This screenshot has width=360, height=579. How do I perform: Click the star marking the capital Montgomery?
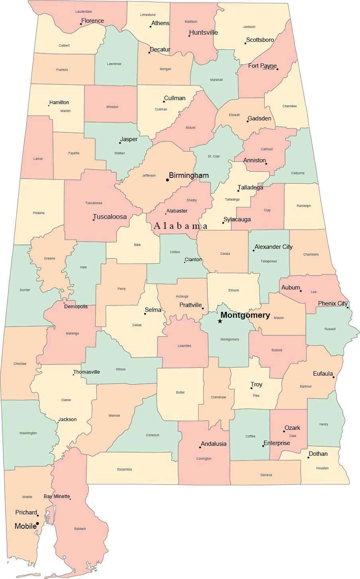[220, 321]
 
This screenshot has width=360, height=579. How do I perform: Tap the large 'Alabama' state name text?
[181, 226]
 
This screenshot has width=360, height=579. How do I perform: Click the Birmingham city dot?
[167, 180]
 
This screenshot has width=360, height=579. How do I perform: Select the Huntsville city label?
[203, 32]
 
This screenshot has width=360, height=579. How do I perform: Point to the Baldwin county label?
[80, 529]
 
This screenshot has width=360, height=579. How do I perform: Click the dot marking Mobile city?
[37, 523]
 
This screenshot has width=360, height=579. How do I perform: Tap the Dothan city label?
[318, 454]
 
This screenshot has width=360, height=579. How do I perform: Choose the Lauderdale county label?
[84, 12]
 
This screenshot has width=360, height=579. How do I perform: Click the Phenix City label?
[332, 303]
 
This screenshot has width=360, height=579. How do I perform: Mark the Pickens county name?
[39, 213]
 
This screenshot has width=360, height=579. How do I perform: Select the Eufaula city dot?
[334, 377]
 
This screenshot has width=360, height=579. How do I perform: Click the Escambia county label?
[124, 469]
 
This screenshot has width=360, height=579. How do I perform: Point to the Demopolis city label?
[76, 307]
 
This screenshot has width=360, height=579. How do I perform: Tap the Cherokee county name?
[289, 106]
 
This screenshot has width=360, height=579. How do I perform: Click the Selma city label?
[153, 310]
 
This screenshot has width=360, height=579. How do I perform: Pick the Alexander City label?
[273, 247]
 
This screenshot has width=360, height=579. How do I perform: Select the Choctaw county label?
[20, 364]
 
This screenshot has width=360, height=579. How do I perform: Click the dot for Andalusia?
[200, 447]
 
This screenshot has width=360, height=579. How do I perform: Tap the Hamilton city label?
[59, 102]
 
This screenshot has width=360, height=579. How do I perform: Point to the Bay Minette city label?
[57, 496]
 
